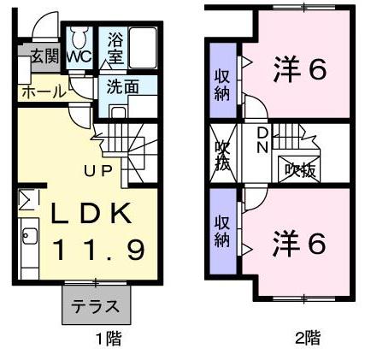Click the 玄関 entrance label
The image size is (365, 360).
(x=42, y=57)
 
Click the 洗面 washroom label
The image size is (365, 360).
(x=123, y=86)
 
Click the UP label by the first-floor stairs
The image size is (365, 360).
(x=96, y=168)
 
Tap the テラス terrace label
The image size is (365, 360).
(x=94, y=306)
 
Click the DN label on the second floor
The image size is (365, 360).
(x=263, y=141)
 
